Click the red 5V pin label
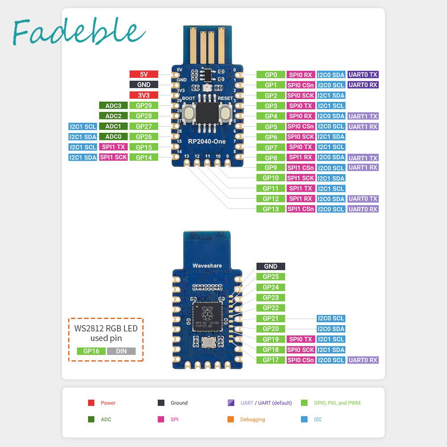[x=143, y=75]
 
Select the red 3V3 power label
[x=143, y=95]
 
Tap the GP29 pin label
[x=143, y=106]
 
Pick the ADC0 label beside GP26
[x=113, y=137]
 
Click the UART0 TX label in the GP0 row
[x=363, y=75]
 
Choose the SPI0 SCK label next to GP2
[x=301, y=96]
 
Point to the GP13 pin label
[x=271, y=209]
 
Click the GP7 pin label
[x=271, y=147]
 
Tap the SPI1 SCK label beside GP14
[x=113, y=157]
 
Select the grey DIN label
[x=121, y=351]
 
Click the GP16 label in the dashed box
[x=91, y=351]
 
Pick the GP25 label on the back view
[x=271, y=277]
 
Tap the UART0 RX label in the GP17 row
[x=363, y=360]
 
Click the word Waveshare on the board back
[x=207, y=266]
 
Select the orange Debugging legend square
[x=230, y=419]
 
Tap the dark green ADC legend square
[x=91, y=419]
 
